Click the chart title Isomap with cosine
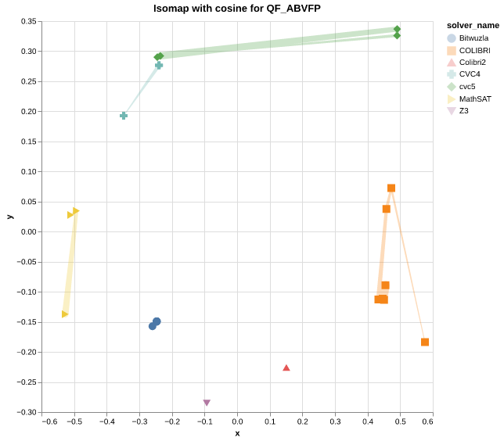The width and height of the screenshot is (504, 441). [x=236, y=9]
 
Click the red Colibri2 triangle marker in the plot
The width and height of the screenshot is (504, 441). [x=286, y=367]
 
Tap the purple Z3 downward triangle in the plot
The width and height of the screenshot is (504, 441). [x=207, y=403]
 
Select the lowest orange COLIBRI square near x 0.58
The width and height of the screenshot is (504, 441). [x=425, y=342]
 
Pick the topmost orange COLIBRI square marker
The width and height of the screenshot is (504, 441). [x=391, y=188]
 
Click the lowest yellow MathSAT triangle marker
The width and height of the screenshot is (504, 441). [x=65, y=314]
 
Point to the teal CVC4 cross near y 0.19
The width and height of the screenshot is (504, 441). [x=124, y=116]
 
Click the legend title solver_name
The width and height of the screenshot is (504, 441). [x=473, y=25]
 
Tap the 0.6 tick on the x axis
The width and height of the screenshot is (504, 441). [x=427, y=422]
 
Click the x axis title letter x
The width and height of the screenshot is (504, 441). [x=237, y=433]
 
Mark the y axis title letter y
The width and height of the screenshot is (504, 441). [x=9, y=217]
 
